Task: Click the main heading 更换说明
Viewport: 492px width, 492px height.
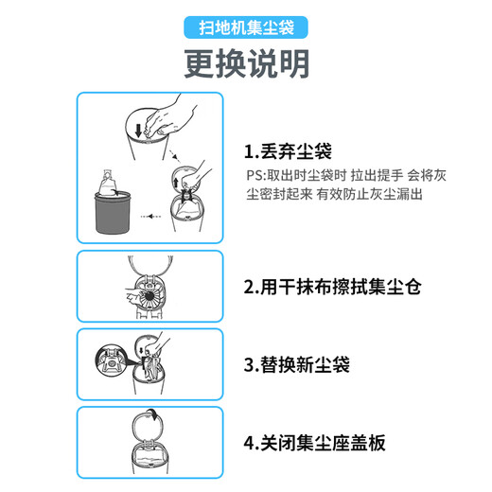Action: click(x=245, y=64)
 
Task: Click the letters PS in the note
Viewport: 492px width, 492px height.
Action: click(x=253, y=175)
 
